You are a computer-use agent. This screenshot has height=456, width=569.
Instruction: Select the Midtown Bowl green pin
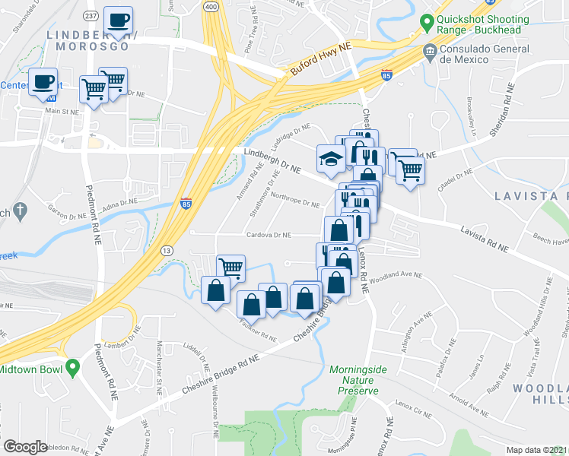coord(72,369)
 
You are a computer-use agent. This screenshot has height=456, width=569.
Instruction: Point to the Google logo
coord(25,447)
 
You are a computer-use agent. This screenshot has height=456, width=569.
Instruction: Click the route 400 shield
coord(211,5)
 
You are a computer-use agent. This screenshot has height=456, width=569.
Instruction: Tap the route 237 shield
coord(91,16)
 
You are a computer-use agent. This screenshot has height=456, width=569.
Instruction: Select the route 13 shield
coord(167,250)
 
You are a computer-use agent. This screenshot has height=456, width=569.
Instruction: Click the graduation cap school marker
coord(329,158)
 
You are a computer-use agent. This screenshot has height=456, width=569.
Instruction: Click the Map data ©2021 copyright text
coord(536,449)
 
